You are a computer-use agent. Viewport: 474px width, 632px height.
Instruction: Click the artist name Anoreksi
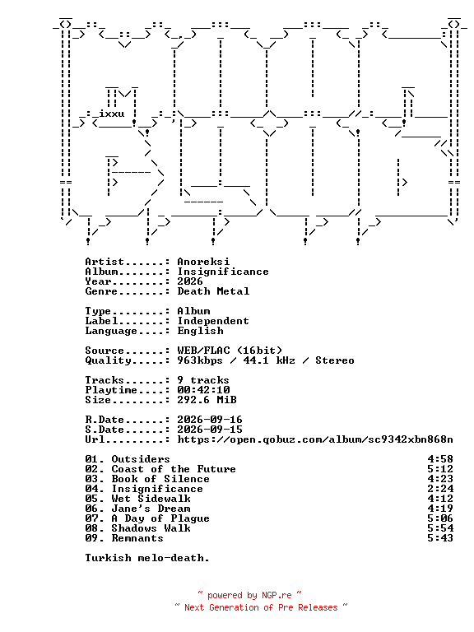point(203,262)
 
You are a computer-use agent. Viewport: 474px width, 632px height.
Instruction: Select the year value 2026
point(190,281)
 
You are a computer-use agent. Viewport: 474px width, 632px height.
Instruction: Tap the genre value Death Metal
point(213,291)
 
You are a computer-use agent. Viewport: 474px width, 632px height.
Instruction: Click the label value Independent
point(213,321)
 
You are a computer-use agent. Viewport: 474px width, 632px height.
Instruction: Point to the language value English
point(200,331)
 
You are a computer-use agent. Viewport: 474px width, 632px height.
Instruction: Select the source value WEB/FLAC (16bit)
point(230,351)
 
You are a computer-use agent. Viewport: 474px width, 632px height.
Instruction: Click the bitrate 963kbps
point(200,360)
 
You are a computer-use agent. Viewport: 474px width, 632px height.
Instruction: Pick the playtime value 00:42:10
point(203,390)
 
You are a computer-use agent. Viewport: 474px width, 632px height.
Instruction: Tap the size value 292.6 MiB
point(207,400)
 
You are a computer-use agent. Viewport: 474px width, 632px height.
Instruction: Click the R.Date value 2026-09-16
point(210,420)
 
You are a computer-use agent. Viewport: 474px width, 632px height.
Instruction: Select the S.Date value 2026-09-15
point(210,430)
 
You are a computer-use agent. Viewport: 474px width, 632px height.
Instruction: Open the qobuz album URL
point(315,439)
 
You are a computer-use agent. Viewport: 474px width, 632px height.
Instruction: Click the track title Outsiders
point(141,459)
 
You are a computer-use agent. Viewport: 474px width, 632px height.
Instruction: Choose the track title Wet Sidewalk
point(151,499)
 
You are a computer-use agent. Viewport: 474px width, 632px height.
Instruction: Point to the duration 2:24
point(440,489)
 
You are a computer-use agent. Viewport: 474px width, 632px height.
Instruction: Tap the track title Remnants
point(137,538)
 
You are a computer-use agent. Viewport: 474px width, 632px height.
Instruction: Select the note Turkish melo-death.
point(147,558)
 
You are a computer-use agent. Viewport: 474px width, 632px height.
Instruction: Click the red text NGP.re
point(276,595)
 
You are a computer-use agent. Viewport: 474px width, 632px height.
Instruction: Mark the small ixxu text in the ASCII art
point(112,114)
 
